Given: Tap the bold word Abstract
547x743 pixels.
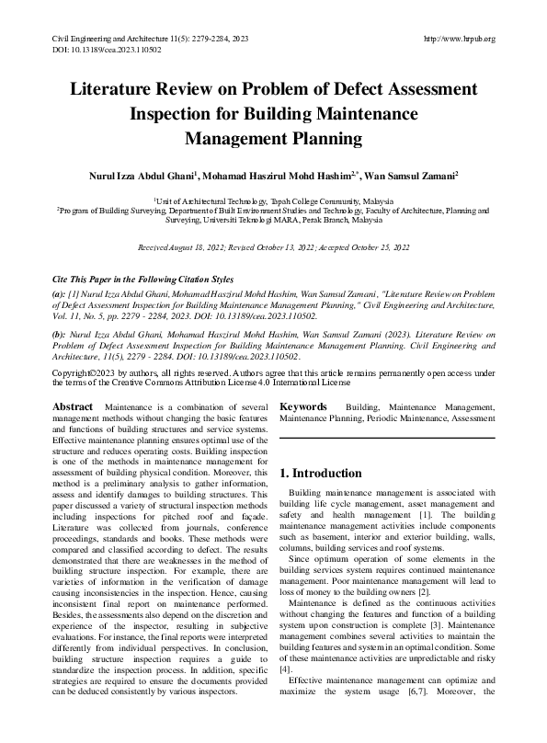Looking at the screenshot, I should coord(73,406).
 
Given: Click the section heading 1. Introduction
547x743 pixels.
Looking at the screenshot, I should coord(320,474).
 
